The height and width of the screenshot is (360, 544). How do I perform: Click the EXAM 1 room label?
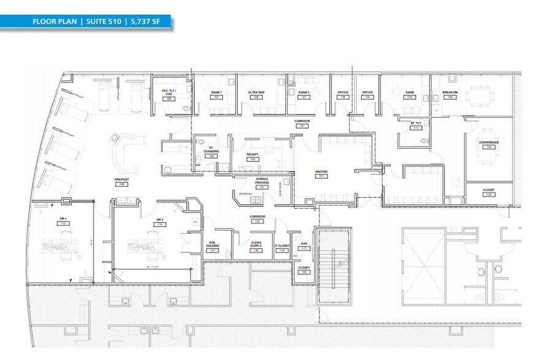[x=216, y=92]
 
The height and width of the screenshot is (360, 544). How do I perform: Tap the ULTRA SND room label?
[x=257, y=92]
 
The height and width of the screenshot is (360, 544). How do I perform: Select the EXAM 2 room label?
[x=303, y=92]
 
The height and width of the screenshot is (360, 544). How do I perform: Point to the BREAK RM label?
[x=450, y=92]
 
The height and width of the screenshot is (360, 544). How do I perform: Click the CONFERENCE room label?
[x=488, y=143]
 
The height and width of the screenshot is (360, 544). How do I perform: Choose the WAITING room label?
[x=320, y=172]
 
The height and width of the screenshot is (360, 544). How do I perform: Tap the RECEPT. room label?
[x=252, y=155]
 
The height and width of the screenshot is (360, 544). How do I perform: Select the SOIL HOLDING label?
[x=213, y=244]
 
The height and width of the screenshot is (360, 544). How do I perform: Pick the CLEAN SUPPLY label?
[x=256, y=244]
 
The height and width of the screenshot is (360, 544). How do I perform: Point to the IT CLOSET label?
[x=282, y=246]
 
